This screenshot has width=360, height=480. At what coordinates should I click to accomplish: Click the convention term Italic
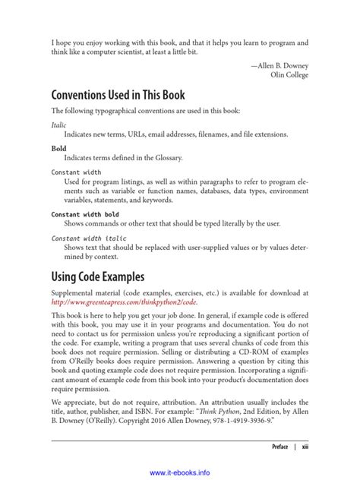pyautogui.click(x=58, y=123)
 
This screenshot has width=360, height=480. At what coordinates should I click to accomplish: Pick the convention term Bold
pyautogui.click(x=58, y=149)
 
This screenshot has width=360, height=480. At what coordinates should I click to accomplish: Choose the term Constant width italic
pyautogui.click(x=89, y=239)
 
